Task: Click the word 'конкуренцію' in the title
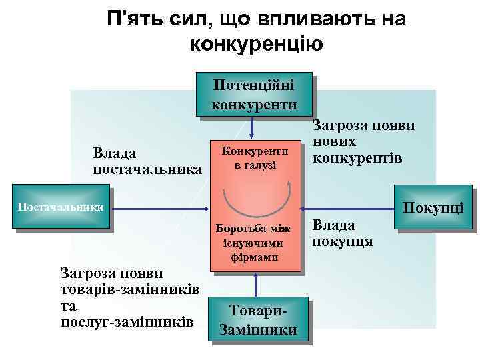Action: tap(257, 45)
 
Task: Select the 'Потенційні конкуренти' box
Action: tap(253, 95)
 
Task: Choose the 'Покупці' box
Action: tap(437, 209)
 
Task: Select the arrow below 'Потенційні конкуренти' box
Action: tap(253, 126)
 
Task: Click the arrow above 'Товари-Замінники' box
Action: tap(254, 285)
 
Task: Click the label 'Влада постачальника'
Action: tap(147, 161)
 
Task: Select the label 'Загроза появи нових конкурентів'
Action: tap(363, 142)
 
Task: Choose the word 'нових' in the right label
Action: tap(334, 142)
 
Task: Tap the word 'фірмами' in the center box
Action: tap(255, 257)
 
